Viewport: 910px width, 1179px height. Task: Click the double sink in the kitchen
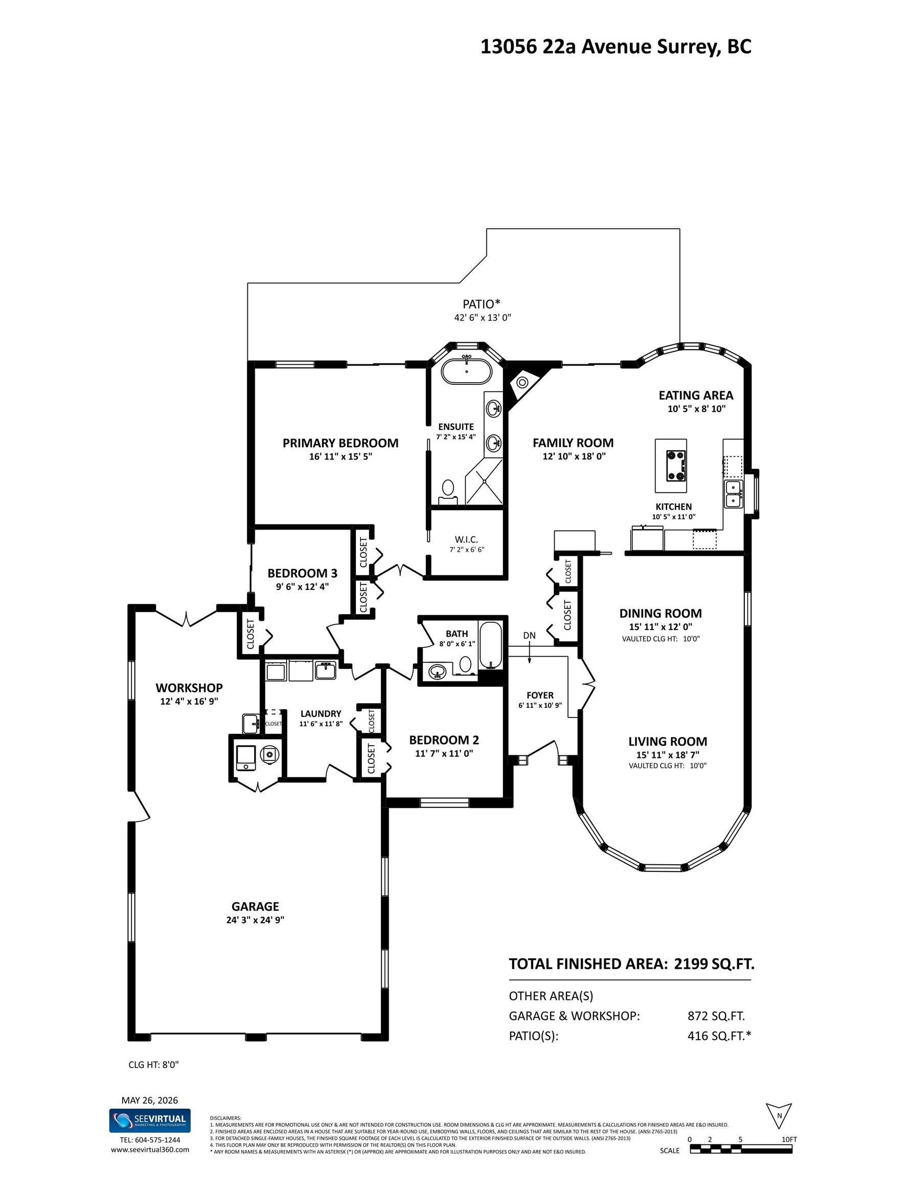point(733,494)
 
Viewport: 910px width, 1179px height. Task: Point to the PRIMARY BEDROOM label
point(340,443)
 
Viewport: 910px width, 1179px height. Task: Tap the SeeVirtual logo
point(150,1120)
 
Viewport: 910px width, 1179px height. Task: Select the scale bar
point(741,1149)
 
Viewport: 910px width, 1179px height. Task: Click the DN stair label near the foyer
point(529,636)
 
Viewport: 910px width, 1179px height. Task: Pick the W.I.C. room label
point(466,539)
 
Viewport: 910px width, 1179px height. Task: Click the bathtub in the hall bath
point(490,646)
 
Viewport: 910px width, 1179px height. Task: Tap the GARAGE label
point(255,906)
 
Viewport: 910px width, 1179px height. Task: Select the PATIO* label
point(481,304)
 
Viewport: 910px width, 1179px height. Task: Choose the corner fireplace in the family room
point(525,380)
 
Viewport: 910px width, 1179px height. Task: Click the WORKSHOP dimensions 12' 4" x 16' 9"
point(189,701)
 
